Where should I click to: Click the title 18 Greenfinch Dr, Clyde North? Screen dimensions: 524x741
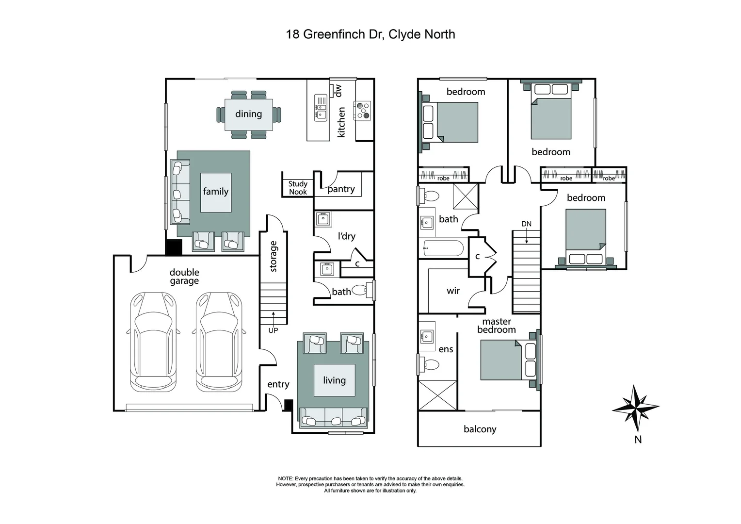[370, 34]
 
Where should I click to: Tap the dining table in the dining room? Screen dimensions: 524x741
[248, 115]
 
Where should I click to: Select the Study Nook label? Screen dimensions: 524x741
[298, 188]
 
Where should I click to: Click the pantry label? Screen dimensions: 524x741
[341, 189]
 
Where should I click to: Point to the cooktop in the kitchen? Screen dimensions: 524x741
[363, 110]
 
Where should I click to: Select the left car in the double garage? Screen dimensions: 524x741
[153, 342]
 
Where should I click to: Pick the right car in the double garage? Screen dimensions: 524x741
[219, 342]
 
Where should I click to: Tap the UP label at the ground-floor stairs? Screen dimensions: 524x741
[273, 330]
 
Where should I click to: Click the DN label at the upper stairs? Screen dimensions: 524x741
[526, 224]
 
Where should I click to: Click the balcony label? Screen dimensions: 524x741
[480, 429]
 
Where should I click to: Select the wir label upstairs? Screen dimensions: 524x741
[453, 291]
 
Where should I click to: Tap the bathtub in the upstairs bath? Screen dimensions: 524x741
[443, 248]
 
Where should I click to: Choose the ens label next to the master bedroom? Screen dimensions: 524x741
[446, 349]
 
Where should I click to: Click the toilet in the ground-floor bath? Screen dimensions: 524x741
[360, 290]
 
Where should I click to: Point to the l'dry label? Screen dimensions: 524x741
[346, 236]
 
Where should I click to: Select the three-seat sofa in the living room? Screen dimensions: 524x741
[334, 417]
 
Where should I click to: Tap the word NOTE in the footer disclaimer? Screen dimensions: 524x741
[286, 478]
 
